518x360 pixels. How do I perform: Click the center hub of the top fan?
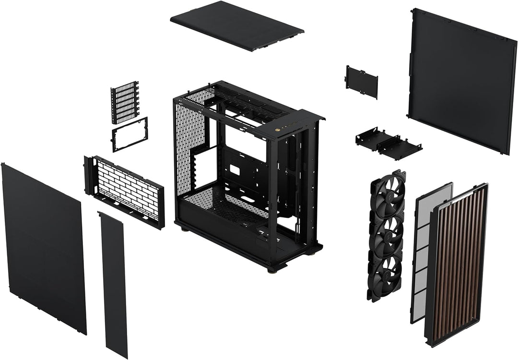coord(388,198)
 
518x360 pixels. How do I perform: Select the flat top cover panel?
coord(236,25)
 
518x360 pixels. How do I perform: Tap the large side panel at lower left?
coord(44,247)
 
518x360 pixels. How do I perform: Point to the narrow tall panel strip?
coord(113,286)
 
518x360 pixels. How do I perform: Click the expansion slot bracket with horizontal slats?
coord(125,102)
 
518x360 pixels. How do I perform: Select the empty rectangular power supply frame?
coord(130,134)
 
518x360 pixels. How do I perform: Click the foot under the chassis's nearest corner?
coord(271,269)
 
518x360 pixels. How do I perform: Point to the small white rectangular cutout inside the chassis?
coord(235,169)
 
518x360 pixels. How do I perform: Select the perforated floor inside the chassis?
coord(221,204)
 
